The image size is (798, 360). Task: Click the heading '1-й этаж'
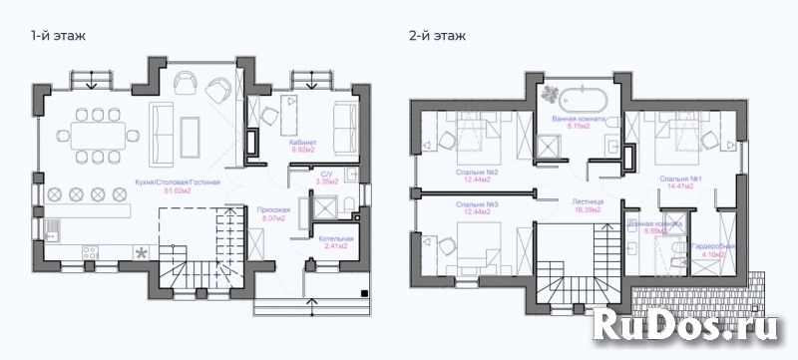point(57,36)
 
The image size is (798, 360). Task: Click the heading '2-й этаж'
point(437,36)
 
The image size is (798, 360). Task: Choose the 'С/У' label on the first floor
point(322,175)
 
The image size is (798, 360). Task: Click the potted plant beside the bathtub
point(550,94)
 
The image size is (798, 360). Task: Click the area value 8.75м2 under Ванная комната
point(580,127)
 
